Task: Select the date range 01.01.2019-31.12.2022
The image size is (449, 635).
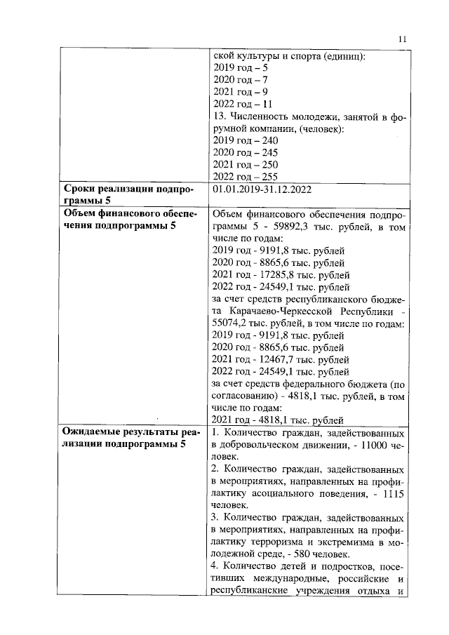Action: [262, 189]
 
